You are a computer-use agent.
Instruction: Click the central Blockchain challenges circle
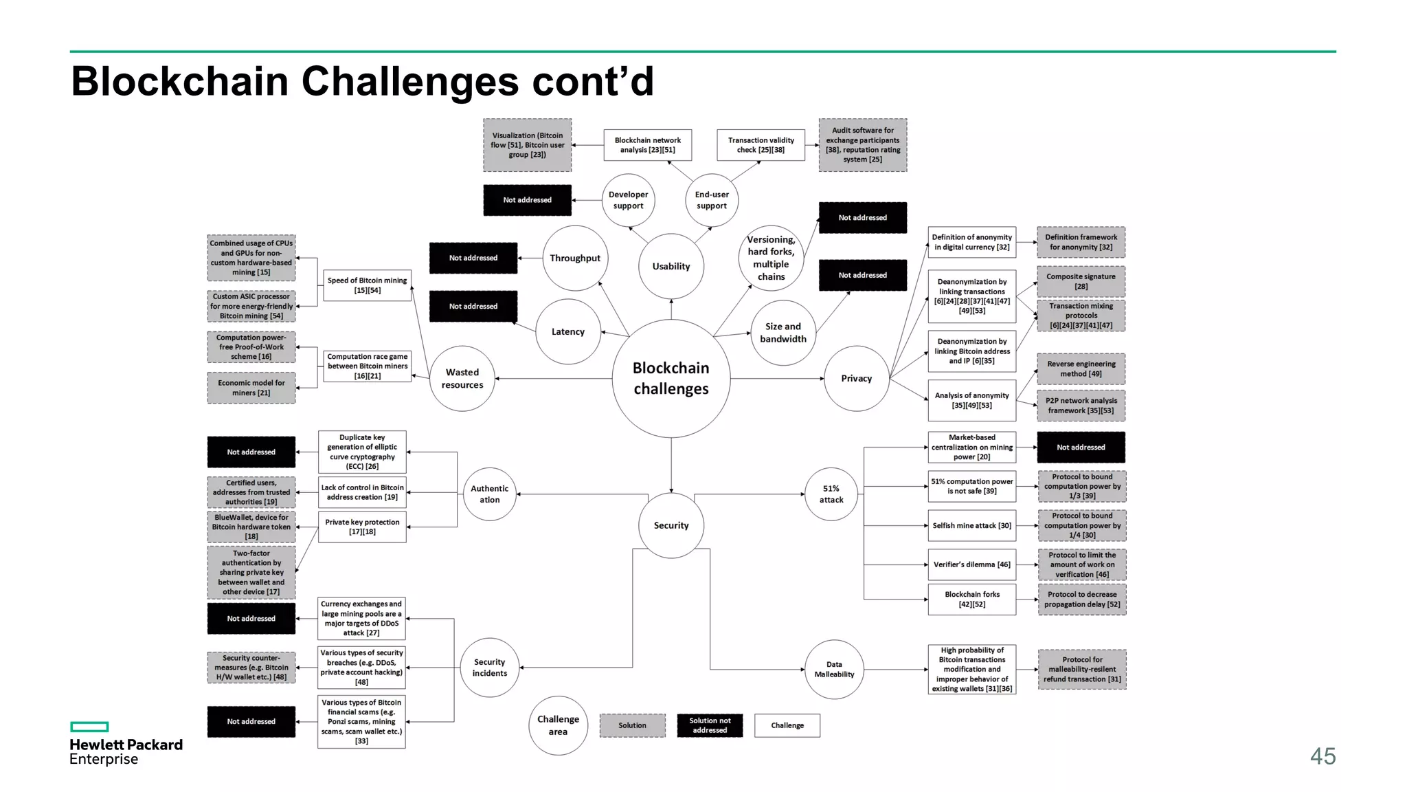tap(671, 378)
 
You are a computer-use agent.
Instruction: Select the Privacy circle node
tap(856, 378)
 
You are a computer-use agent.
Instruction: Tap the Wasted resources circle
tap(462, 378)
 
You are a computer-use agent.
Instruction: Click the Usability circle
tap(671, 266)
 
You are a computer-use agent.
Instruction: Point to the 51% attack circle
tap(831, 494)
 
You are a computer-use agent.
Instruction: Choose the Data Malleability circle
tap(834, 669)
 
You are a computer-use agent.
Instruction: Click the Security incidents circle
tap(489, 668)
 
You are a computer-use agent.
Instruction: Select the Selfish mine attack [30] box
tap(971, 525)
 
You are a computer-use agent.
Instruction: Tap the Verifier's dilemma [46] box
tap(971, 564)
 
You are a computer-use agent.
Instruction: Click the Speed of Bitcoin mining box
tap(367, 285)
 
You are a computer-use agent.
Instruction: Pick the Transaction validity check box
tap(761, 145)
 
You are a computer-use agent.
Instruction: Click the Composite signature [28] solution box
tap(1081, 281)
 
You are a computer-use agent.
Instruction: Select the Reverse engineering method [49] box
tap(1081, 368)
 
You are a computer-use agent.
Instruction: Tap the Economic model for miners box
tap(251, 388)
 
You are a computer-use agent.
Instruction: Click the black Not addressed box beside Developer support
tap(527, 200)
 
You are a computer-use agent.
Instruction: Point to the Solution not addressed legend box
tap(710, 725)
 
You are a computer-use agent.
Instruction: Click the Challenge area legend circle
tap(558, 725)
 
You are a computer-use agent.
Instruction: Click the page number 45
tap(1322, 756)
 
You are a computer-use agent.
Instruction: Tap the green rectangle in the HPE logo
tap(89, 727)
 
